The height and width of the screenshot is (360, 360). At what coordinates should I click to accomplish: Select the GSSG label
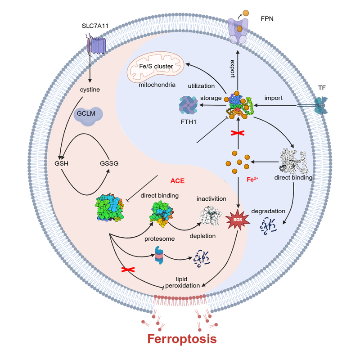tap(109, 163)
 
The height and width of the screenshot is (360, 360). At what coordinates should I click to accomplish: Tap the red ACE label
tap(178, 181)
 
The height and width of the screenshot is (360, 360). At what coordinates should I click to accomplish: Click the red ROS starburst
tap(237, 219)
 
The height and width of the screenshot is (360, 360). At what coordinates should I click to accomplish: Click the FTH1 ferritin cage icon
tap(188, 106)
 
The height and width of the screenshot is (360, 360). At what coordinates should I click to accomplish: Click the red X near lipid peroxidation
tap(128, 269)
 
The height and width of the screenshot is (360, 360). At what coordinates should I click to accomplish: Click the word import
tap(274, 98)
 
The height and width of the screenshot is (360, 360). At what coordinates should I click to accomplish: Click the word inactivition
tap(211, 198)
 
